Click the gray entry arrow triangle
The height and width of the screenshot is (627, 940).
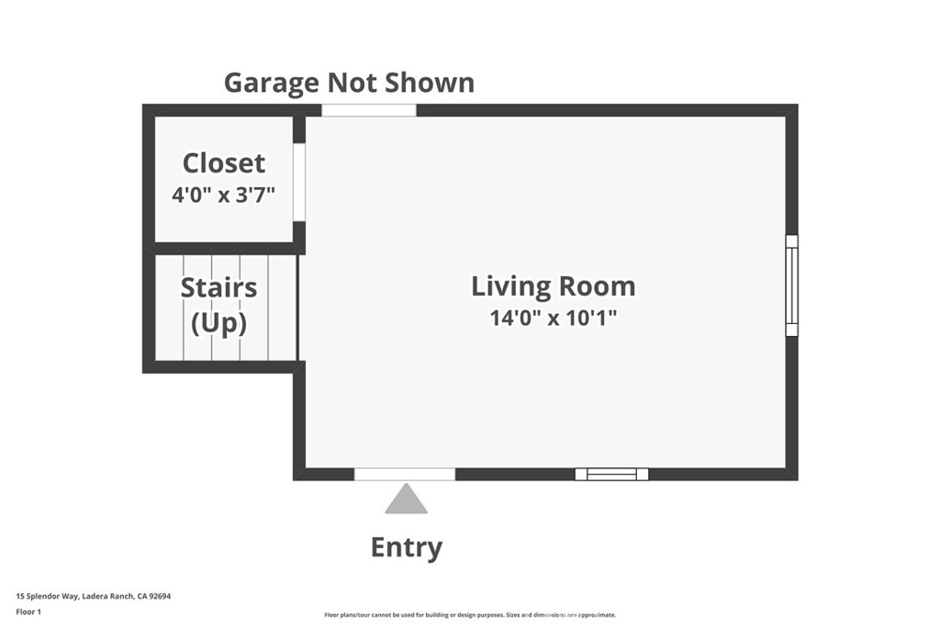click(406, 500)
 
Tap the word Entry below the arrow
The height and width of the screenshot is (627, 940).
click(406, 548)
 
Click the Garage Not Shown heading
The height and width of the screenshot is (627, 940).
click(349, 83)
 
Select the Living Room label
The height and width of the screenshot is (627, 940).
click(553, 286)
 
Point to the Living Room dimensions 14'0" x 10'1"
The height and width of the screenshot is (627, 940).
click(553, 319)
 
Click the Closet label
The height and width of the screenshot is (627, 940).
click(224, 163)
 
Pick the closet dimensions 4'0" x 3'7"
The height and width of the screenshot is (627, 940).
click(224, 195)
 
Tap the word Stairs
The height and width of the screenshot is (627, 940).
click(218, 287)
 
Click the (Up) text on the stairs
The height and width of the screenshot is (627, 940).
click(218, 323)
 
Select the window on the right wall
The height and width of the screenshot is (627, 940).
click(791, 286)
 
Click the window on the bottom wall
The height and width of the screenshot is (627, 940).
click(611, 474)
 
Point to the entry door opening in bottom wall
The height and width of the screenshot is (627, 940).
click(405, 474)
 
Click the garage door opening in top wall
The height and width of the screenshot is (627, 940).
click(368, 110)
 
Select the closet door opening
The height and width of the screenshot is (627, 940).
click(298, 182)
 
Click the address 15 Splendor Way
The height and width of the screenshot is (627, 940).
click(47, 596)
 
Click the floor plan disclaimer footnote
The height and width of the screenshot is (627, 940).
click(469, 615)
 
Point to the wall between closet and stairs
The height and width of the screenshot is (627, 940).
click(223, 248)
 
